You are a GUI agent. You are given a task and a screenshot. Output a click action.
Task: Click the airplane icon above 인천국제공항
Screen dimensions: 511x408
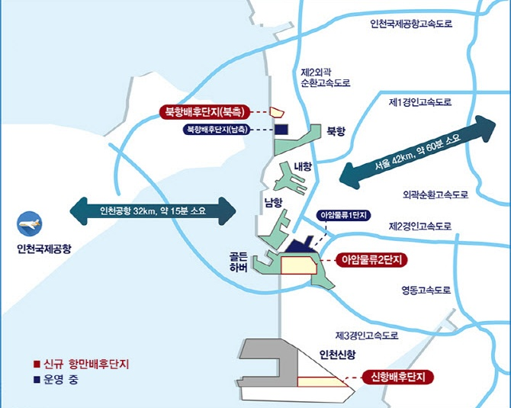[x=29, y=223]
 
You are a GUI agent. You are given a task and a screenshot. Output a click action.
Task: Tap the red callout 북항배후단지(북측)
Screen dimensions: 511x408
[x=204, y=112]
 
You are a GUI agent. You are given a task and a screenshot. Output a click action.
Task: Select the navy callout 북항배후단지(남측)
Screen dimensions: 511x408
[x=217, y=130]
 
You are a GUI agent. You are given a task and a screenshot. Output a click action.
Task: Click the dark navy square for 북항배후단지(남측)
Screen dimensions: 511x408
[x=281, y=130]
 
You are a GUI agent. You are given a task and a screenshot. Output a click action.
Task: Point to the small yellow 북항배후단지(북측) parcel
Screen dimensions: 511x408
[x=277, y=112]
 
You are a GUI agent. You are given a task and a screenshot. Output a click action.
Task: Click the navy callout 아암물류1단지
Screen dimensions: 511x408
[x=343, y=215]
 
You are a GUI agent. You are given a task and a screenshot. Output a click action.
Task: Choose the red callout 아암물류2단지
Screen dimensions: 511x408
[x=371, y=260]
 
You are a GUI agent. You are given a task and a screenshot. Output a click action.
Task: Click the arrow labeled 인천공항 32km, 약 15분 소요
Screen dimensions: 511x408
[x=153, y=210]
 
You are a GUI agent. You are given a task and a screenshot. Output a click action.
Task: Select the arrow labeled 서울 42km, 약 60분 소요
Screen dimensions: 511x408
[x=417, y=153]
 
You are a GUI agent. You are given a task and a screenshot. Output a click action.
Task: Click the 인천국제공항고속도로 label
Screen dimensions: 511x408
[x=411, y=24]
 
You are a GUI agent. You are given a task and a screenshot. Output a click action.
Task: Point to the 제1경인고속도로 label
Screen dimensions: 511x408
[x=420, y=102]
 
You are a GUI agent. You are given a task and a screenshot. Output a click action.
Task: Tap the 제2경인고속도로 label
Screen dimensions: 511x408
[x=420, y=226]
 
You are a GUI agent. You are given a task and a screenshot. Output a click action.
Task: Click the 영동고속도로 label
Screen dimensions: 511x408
[x=426, y=289]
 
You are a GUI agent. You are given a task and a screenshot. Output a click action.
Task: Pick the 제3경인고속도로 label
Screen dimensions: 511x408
[x=367, y=335]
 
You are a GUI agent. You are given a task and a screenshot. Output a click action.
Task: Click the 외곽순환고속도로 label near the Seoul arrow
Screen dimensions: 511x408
[x=435, y=194]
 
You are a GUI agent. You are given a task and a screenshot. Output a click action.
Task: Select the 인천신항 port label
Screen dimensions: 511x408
[x=337, y=354]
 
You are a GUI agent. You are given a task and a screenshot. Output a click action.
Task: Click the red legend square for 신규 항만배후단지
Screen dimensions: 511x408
[x=37, y=364]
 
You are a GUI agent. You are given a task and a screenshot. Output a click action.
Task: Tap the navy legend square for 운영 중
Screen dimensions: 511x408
[x=37, y=380]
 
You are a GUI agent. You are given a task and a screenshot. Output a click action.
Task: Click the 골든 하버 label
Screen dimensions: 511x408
[x=239, y=262]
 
